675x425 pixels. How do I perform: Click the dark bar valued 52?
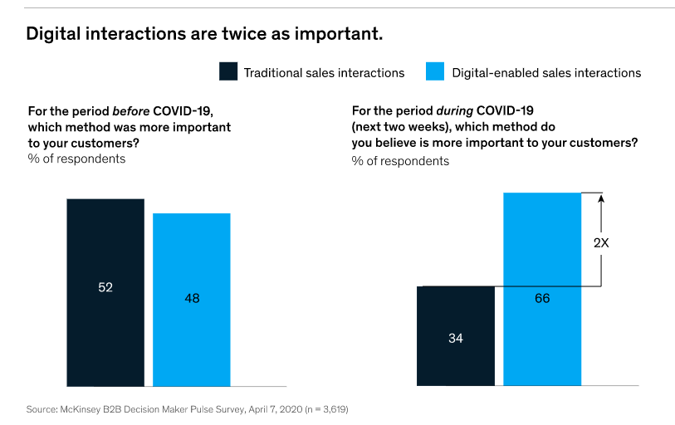point(105,249)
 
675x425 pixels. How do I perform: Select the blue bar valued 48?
point(191,257)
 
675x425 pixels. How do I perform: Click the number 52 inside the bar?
point(105,287)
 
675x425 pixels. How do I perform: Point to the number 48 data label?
point(192,298)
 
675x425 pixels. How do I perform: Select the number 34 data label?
point(455,338)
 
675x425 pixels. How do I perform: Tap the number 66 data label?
point(543,297)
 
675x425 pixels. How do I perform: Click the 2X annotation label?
point(602,244)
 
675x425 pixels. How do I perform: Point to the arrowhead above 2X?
point(602,198)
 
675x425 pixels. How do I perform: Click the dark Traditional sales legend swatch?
point(228,71)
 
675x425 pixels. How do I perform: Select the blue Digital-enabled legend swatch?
point(435,71)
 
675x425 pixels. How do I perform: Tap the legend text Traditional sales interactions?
point(324,73)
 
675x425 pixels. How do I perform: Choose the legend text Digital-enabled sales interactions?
point(546,73)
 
